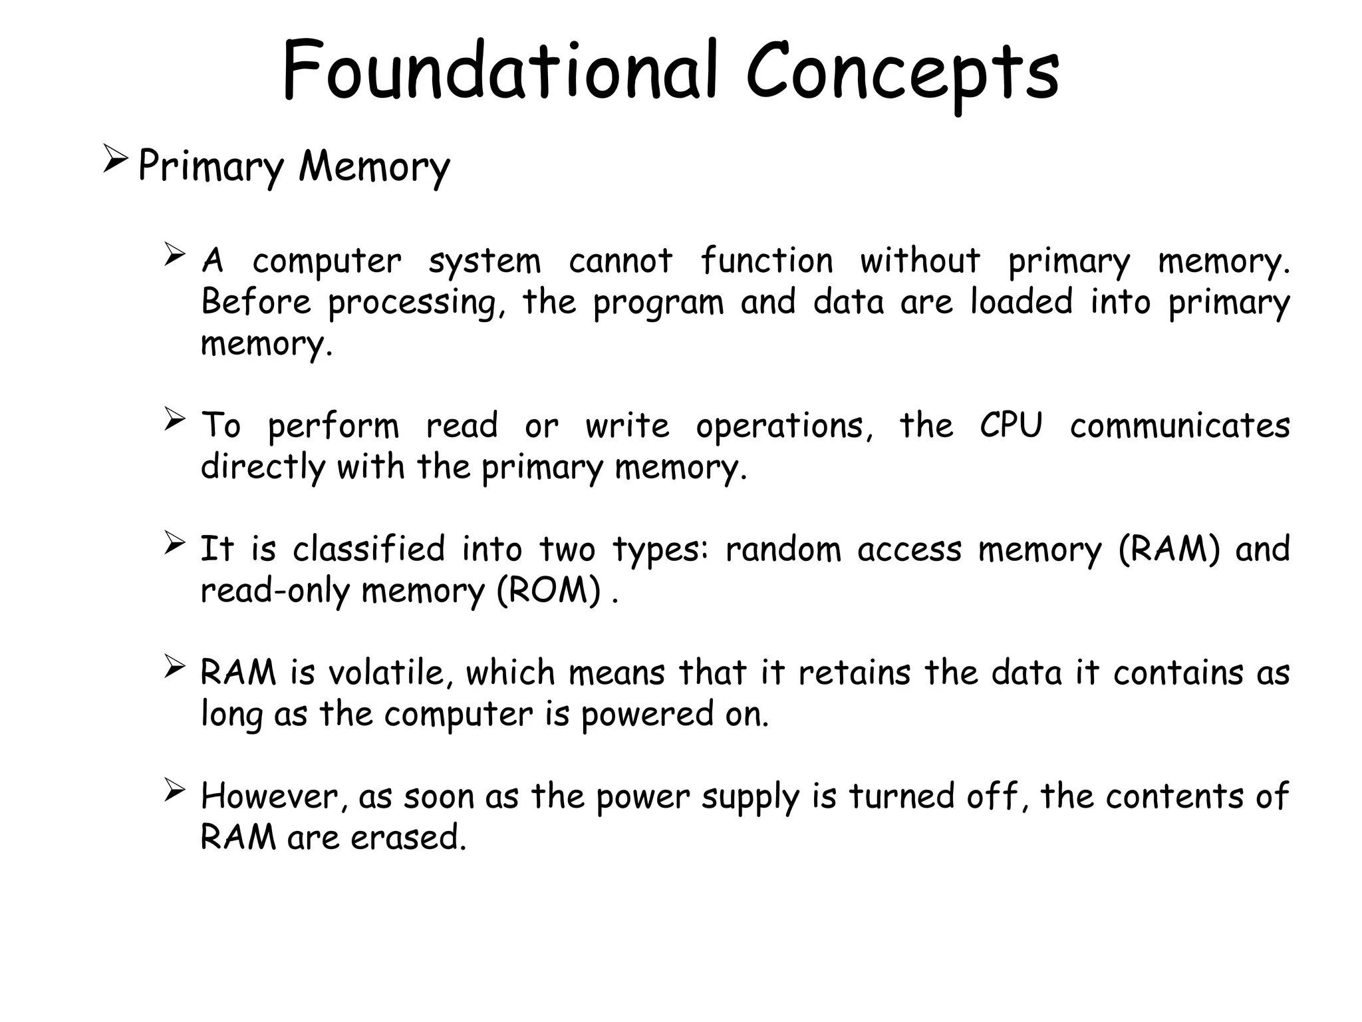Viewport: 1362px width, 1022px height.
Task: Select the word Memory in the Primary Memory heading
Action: point(374,166)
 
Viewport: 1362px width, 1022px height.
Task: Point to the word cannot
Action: point(620,260)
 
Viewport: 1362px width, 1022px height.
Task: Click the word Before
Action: point(256,301)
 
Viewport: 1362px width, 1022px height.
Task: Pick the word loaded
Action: point(1021,301)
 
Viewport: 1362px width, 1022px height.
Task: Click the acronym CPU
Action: point(1011,425)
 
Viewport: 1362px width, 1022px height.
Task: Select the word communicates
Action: point(1180,425)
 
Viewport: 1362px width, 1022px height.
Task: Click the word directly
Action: point(263,468)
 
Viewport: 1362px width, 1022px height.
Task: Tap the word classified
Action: point(369,550)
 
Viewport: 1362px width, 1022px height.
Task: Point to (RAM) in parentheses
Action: point(1169,550)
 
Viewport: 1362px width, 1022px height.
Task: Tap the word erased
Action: point(408,837)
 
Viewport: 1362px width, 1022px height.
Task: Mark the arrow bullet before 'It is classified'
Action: point(174,543)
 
